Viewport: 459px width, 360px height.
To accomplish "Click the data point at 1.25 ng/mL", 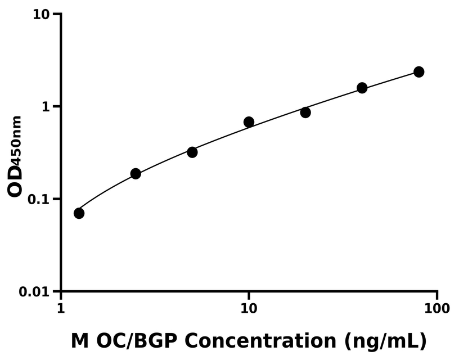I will pyautogui.click(x=79, y=213).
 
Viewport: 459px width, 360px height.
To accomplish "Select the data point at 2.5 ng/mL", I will pyautogui.click(x=136, y=173).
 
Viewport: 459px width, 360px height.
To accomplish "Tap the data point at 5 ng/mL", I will pyautogui.click(x=192, y=152).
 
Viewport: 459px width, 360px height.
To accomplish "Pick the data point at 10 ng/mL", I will pyautogui.click(x=249, y=122).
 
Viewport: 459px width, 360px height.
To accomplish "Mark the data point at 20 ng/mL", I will pyautogui.click(x=305, y=112).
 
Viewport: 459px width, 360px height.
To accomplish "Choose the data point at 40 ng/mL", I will pyautogui.click(x=362, y=88).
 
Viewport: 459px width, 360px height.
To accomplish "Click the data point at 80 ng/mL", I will pyautogui.click(x=418, y=72).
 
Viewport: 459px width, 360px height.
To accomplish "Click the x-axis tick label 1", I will pyautogui.click(x=61, y=309).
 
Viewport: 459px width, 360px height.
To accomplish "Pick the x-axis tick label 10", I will pyautogui.click(x=249, y=309).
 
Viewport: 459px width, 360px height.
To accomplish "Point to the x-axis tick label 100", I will pyautogui.click(x=436, y=309).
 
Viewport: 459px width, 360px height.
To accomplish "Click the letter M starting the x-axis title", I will pyautogui.click(x=80, y=340).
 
